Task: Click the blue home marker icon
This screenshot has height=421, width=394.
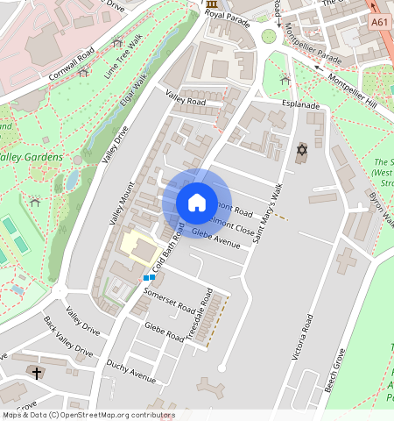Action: pyautogui.click(x=197, y=203)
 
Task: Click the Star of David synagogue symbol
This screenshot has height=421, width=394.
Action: pyautogui.click(x=303, y=151)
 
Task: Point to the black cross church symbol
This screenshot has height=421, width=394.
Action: pyautogui.click(x=38, y=373)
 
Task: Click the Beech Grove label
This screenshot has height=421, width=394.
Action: pyautogui.click(x=334, y=369)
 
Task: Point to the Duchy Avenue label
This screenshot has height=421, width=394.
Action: pyautogui.click(x=130, y=372)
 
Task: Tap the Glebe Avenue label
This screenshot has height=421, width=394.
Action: pyautogui.click(x=215, y=238)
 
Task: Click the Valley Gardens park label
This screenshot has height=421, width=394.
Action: pyautogui.click(x=32, y=157)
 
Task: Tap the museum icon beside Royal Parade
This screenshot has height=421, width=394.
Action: pyautogui.click(x=212, y=6)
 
